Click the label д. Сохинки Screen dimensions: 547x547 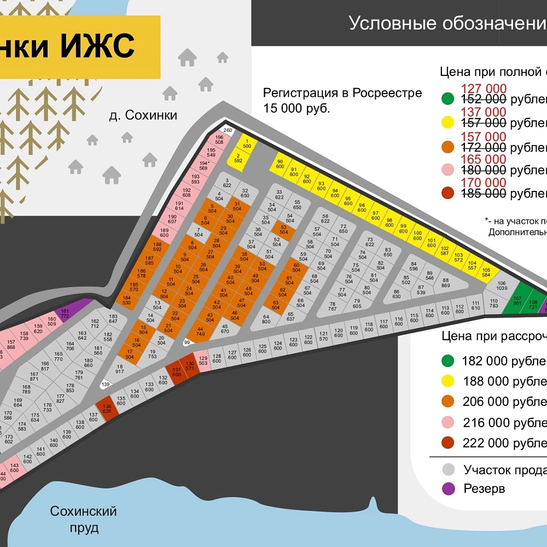click(x=143, y=115)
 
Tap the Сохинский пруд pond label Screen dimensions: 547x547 click(x=84, y=519)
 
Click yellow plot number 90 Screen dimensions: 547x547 click(x=280, y=164)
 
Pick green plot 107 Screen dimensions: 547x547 click(x=517, y=299)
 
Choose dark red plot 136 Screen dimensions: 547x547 click(x=107, y=409)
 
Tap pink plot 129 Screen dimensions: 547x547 click(x=203, y=360)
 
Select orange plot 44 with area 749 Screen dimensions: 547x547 click(x=200, y=330)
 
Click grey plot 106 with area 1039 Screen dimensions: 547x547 click(x=502, y=286)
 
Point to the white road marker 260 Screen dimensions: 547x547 click(x=228, y=130)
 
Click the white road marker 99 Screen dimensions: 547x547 click(x=187, y=342)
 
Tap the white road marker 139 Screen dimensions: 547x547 click(x=106, y=385)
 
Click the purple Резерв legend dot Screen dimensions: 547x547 click(x=449, y=488)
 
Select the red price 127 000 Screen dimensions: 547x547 click(x=484, y=89)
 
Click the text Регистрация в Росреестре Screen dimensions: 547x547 click(x=342, y=93)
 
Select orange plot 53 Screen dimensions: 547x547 click(x=283, y=230)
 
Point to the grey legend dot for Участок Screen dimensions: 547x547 click(x=449, y=469)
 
